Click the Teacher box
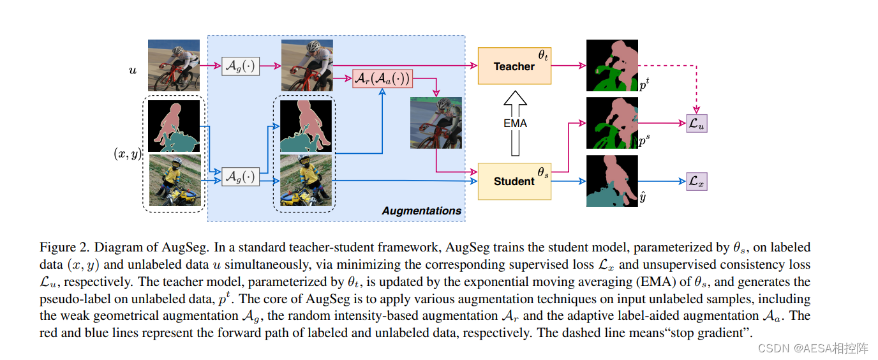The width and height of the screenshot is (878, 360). coord(514,66)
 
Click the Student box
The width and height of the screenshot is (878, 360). coord(514,181)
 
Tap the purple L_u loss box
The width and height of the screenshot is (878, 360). coord(696,124)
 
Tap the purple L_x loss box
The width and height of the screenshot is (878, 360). coord(696,182)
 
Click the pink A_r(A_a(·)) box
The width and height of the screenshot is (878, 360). coord(382,79)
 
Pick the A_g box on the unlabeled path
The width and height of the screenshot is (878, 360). coord(241,66)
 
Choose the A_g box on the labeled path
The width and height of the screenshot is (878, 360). coord(241,176)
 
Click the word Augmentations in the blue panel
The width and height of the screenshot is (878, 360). coord(421,211)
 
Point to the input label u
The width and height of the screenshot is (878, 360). coord(132,70)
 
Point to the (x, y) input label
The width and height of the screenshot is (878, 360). coord(127,153)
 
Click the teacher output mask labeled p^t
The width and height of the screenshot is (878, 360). coord(612,66)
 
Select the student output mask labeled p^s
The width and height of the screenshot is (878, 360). coord(612,123)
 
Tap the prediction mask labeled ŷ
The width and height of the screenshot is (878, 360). coord(612,181)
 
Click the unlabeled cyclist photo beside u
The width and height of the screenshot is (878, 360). coord(174,66)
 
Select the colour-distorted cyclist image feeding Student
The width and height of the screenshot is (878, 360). coord(436,123)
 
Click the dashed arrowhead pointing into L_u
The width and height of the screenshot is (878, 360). coord(696,111)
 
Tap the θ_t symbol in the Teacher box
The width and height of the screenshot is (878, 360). coord(543,56)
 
